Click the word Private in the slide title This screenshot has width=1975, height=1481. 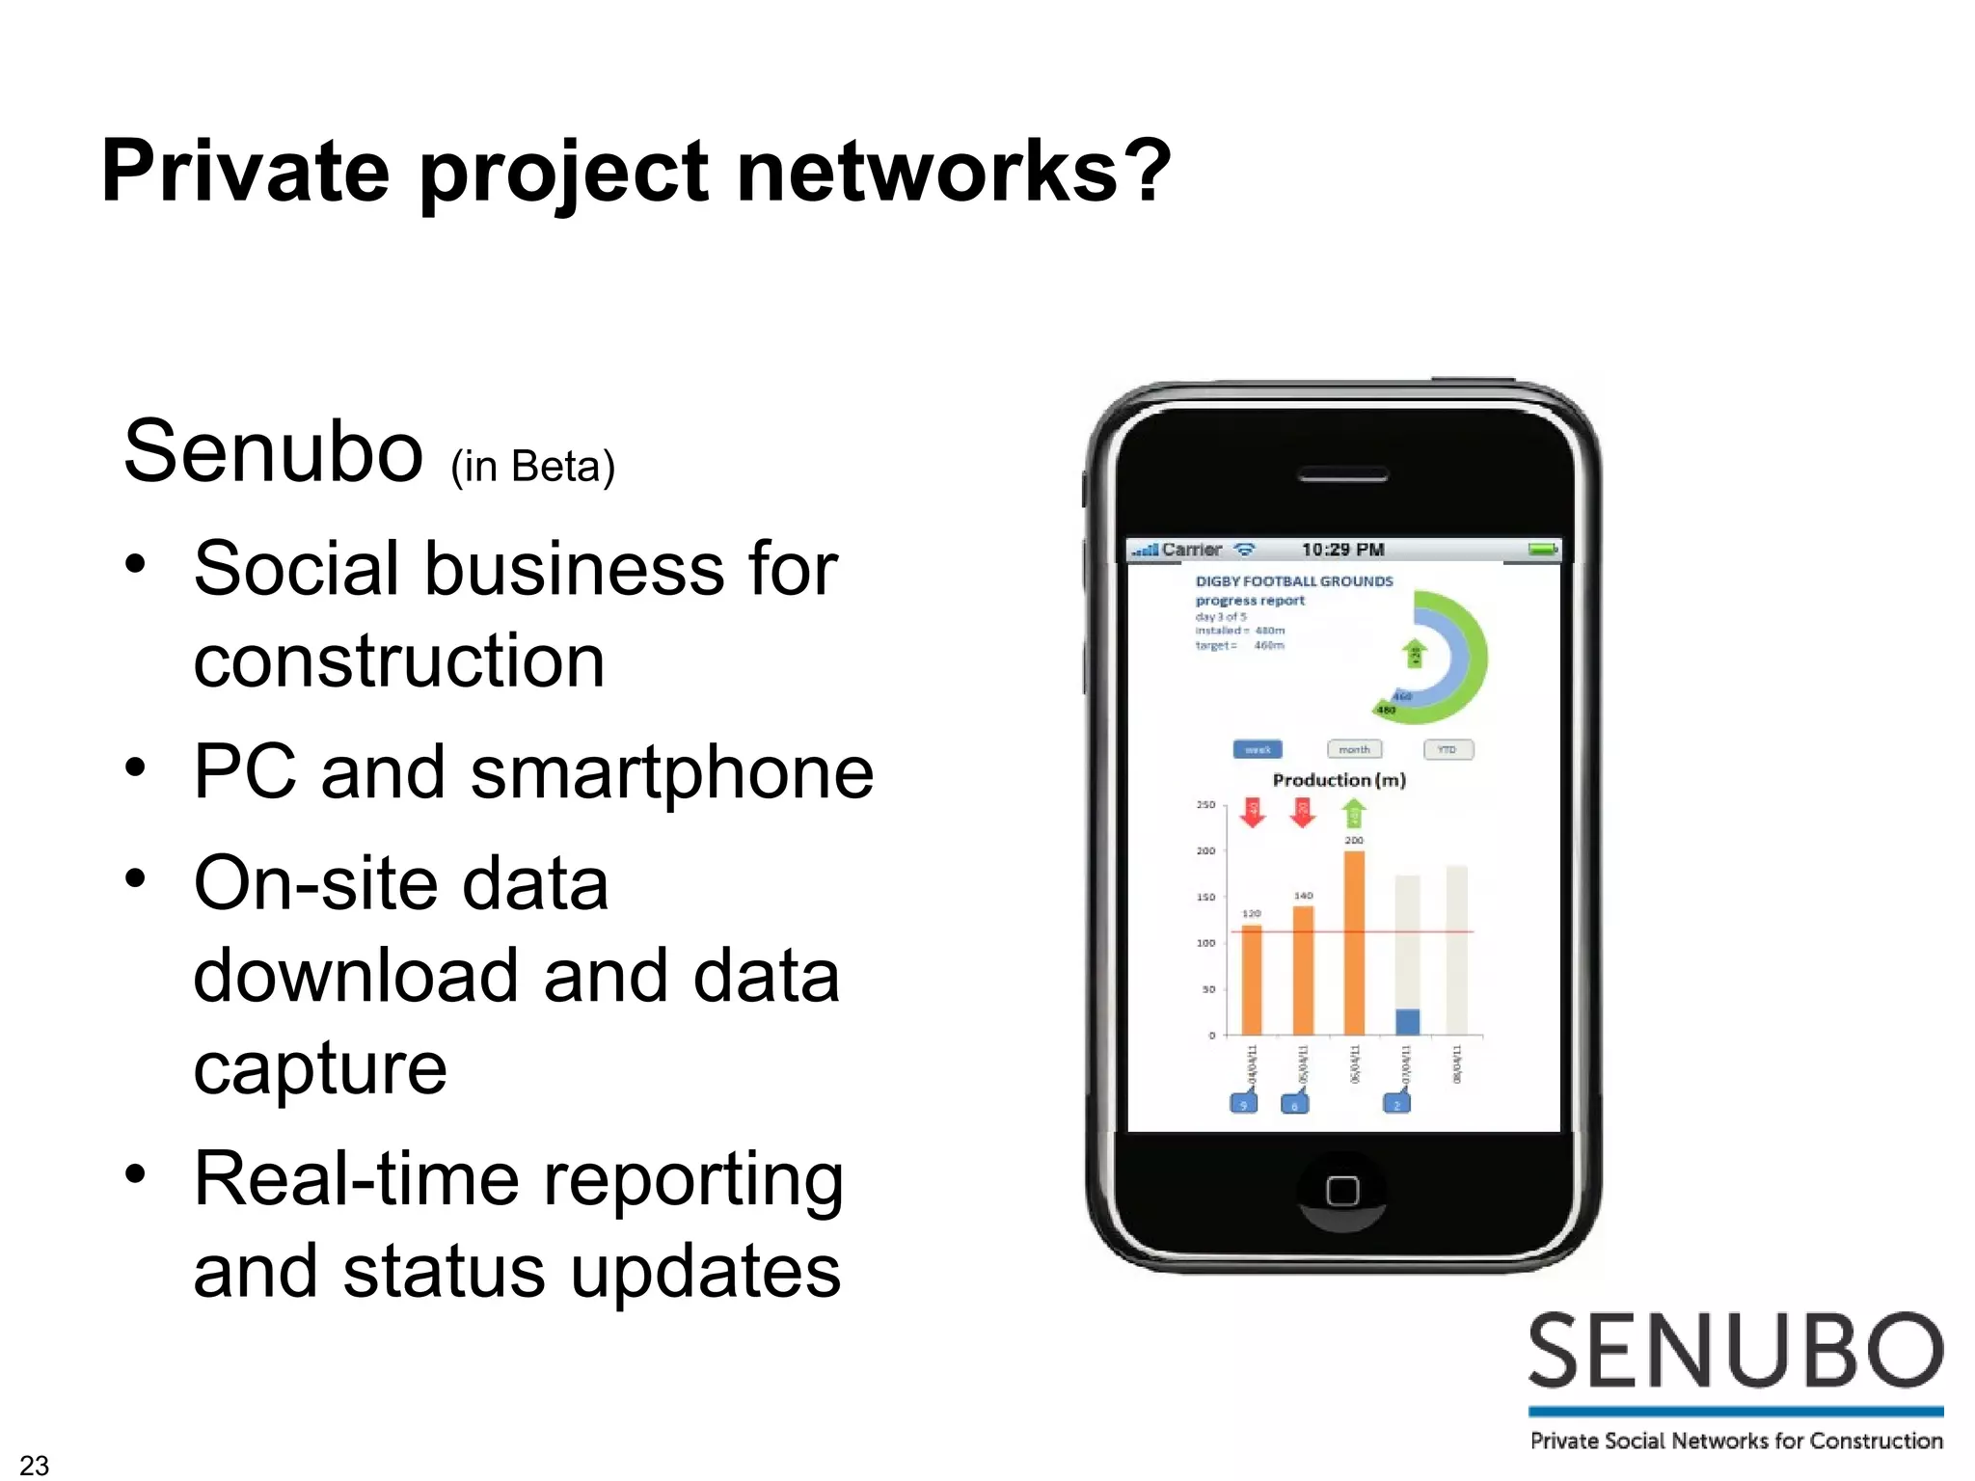point(245,172)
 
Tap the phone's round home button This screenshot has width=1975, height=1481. point(1341,1191)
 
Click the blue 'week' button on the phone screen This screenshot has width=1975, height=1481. point(1258,749)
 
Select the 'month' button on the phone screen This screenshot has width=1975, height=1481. point(1354,749)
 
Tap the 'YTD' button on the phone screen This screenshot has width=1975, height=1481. point(1447,749)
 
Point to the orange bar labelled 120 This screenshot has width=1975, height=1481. point(1252,980)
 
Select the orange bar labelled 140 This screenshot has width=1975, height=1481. point(1303,970)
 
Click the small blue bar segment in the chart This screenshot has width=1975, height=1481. point(1407,1021)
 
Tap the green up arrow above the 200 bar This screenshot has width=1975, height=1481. point(1354,815)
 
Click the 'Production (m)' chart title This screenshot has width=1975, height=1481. point(1339,780)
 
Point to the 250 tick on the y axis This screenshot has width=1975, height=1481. point(1205,804)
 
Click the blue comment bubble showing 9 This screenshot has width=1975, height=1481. point(1243,1103)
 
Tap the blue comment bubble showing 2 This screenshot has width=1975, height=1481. point(1396,1103)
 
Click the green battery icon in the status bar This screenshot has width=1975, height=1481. point(1541,550)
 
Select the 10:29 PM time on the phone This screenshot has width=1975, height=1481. point(1342,550)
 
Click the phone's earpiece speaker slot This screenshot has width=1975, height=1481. point(1342,475)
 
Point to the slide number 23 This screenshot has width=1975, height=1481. point(34,1465)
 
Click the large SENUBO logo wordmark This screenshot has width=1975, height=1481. point(1735,1352)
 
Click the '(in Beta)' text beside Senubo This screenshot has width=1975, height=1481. point(532,468)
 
